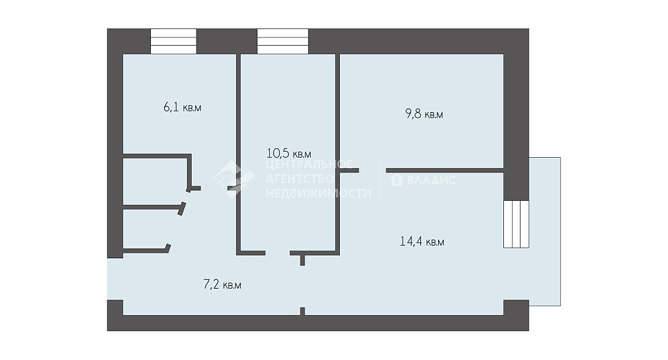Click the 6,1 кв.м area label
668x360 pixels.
pyautogui.click(x=182, y=107)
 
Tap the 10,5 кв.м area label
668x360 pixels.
pyautogui.click(x=289, y=153)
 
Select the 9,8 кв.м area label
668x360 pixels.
pyautogui.click(x=424, y=114)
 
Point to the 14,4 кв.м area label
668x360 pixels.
pyautogui.click(x=422, y=242)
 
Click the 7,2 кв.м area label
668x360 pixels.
pyautogui.click(x=222, y=285)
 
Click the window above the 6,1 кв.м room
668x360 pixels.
pyautogui.click(x=173, y=42)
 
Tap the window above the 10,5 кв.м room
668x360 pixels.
pyautogui.click(x=282, y=42)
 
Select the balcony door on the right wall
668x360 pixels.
pyautogui.click(x=516, y=224)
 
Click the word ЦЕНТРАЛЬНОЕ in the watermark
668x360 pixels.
pyautogui.click(x=309, y=165)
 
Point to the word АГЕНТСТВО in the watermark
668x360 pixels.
pyautogui.click(x=300, y=179)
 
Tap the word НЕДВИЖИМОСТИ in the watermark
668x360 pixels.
pyautogui.click(x=318, y=193)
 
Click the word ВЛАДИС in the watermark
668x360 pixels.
pyautogui.click(x=431, y=180)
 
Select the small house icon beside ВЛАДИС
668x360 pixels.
pyautogui.click(x=397, y=180)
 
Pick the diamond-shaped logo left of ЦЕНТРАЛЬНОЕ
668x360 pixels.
pyautogui.click(x=233, y=179)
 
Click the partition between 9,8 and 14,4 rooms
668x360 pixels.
pyautogui.click(x=445, y=170)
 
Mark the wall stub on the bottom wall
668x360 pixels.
pyautogui.click(x=303, y=312)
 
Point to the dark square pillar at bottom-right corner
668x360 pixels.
pyautogui.click(x=516, y=307)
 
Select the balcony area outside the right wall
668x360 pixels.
pyautogui.click(x=545, y=232)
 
